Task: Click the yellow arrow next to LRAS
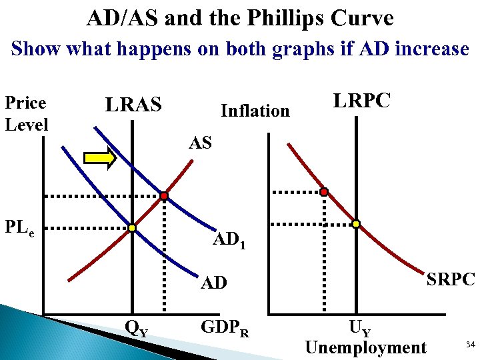(x=100, y=158)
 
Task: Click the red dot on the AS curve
(x=163, y=196)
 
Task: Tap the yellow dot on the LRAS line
(x=132, y=228)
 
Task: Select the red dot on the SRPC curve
(x=324, y=192)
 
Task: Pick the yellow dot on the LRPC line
(x=356, y=224)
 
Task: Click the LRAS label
(x=133, y=105)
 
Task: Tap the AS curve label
(x=200, y=143)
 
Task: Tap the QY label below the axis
(x=137, y=327)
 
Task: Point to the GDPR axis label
(x=225, y=327)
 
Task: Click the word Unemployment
(x=365, y=347)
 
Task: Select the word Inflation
(x=255, y=111)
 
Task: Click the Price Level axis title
(x=26, y=113)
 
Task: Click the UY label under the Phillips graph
(x=360, y=329)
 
